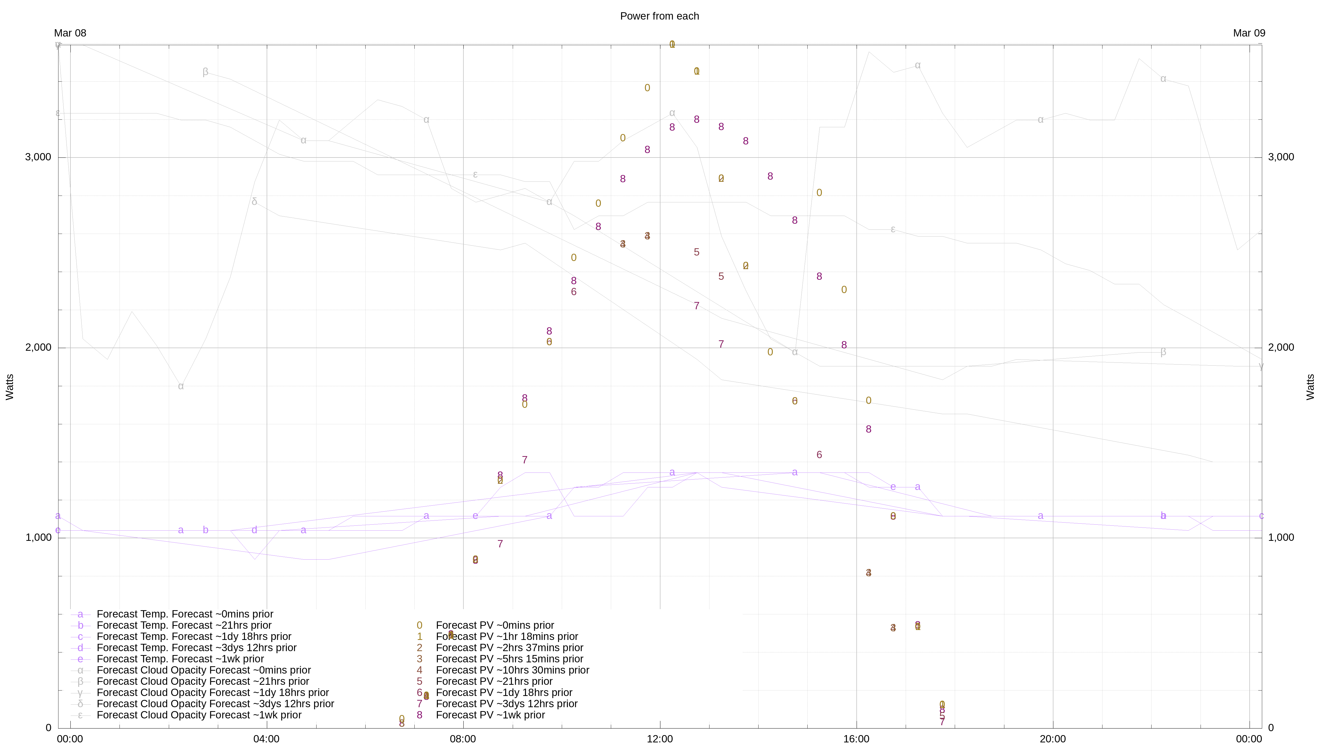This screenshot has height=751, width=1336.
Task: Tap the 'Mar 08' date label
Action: (70, 33)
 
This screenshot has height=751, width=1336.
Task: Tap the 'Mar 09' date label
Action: (1249, 33)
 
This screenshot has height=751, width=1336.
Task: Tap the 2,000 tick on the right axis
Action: (1281, 347)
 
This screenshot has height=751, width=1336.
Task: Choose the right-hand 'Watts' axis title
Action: (1311, 387)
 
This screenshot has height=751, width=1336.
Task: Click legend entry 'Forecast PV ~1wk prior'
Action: (490, 715)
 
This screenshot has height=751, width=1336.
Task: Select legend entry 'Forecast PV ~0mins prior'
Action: (495, 626)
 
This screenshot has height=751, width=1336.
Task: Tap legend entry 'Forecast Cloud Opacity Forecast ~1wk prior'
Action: (199, 715)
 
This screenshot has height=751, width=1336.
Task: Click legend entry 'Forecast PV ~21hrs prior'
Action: (494, 682)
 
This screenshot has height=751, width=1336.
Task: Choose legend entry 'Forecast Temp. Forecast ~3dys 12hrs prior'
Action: (196, 648)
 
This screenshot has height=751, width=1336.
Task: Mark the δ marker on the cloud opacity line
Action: (254, 202)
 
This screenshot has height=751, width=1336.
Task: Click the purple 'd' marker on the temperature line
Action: (254, 530)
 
